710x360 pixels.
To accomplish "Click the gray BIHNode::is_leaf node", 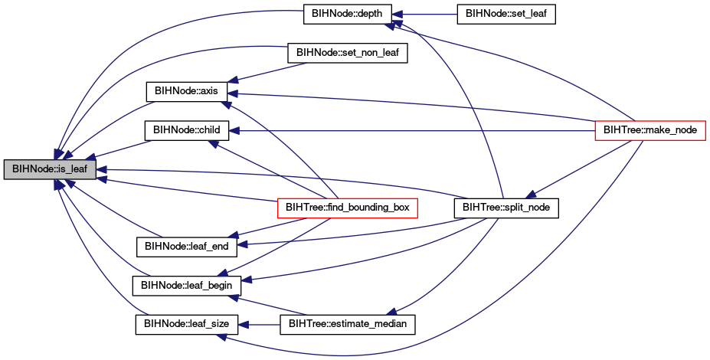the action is point(50,169).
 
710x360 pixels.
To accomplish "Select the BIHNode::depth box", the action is point(348,14).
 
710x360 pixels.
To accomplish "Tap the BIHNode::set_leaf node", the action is point(506,14).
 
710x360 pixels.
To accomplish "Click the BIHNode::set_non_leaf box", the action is point(348,53).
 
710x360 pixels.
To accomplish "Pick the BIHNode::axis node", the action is point(186,91).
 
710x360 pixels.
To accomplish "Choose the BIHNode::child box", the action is point(187,130).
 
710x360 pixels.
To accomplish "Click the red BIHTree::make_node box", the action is point(650,130).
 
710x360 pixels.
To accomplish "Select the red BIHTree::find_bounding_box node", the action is point(347,208).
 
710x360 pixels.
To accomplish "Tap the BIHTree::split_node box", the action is point(506,208).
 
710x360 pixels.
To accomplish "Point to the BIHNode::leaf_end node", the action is point(187,247).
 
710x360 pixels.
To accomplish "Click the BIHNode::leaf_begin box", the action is point(187,286).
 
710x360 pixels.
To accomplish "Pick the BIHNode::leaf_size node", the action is point(187,325).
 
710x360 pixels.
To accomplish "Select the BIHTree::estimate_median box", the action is point(348,325).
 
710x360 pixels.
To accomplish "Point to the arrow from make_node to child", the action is point(411,131).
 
